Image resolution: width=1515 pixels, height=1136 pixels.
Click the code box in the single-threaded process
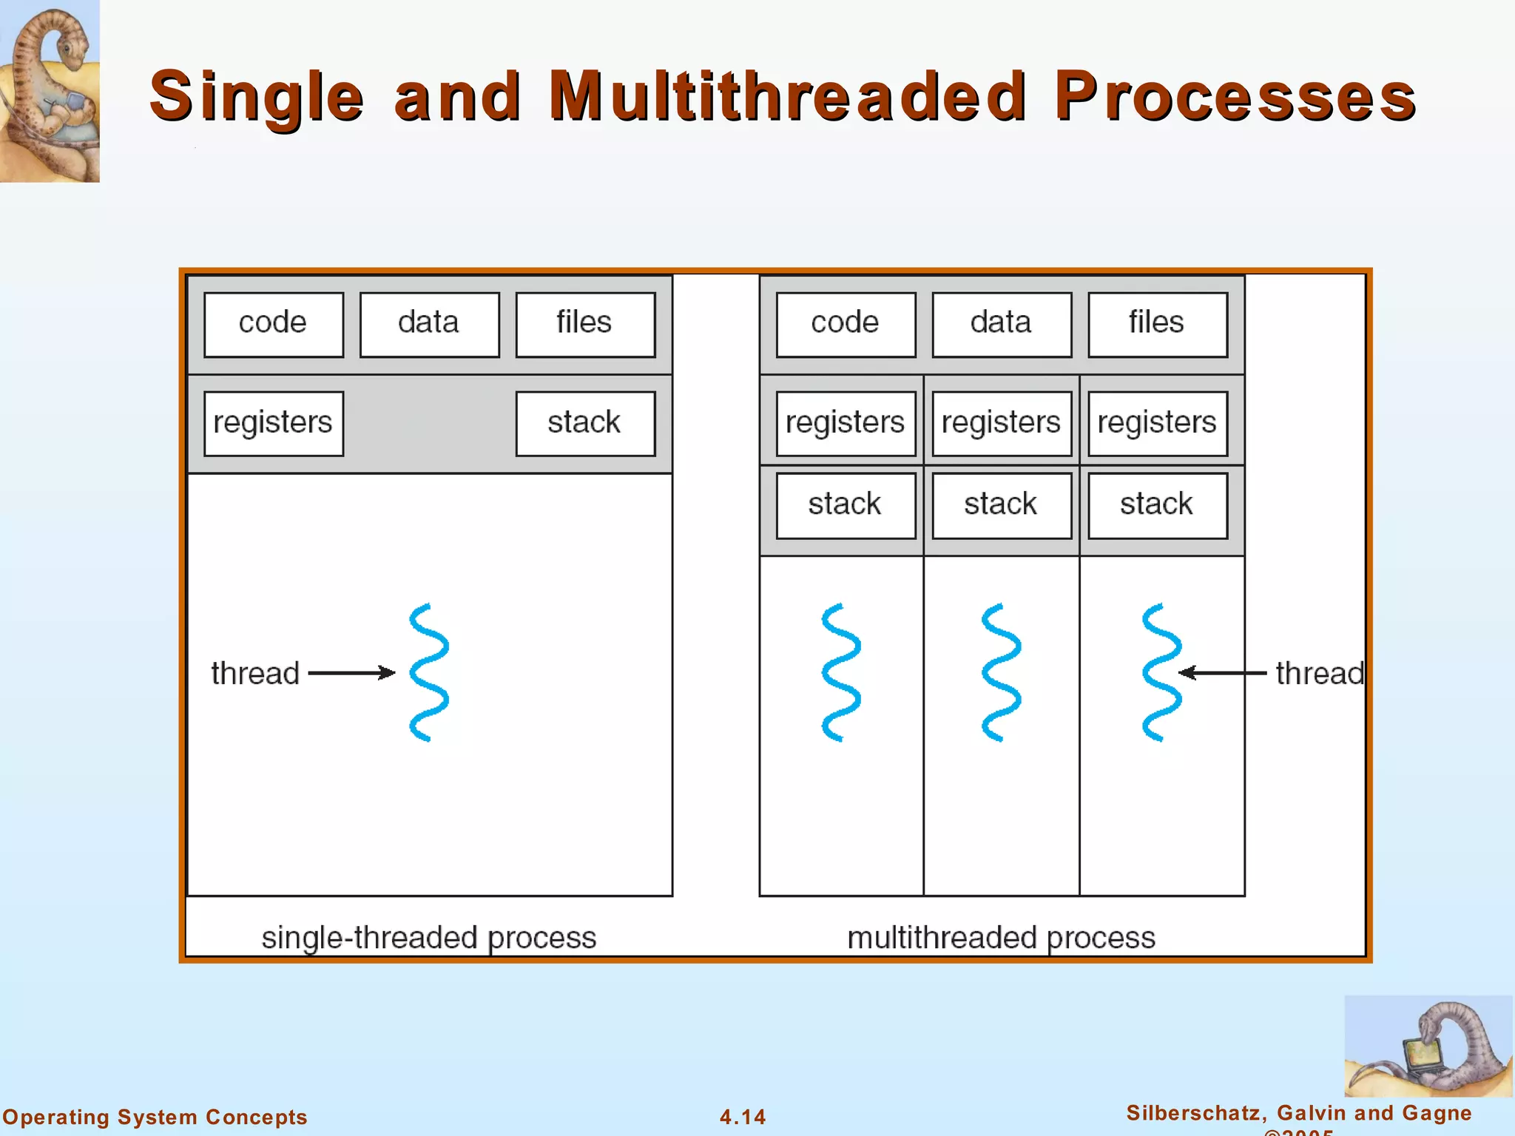[273, 324]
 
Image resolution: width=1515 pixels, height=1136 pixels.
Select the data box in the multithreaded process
[1001, 324]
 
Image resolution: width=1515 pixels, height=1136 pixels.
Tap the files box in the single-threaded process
[584, 324]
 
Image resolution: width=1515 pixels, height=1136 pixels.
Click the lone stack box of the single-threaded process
[584, 423]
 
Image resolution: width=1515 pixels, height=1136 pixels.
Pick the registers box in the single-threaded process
[273, 423]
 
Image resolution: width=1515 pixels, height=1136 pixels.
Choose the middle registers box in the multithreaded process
[1001, 423]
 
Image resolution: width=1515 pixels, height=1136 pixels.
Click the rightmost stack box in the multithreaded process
[1157, 505]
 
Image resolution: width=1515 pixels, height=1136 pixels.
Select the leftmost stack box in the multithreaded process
[845, 505]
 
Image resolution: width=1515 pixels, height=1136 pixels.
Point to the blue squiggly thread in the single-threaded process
[429, 672]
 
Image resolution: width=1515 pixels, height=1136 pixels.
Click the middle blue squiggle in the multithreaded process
[1001, 672]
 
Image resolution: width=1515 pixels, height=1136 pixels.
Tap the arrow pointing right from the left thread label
[351, 672]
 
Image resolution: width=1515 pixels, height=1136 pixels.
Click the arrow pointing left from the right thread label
[1222, 672]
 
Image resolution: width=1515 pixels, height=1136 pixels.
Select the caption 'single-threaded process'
[429, 938]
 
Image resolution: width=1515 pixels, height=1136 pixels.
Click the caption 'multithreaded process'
[1001, 938]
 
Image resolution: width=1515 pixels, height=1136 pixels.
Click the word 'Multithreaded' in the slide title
[787, 96]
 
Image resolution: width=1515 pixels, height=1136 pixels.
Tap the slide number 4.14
[743, 1117]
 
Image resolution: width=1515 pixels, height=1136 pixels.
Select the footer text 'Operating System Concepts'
[155, 1117]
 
